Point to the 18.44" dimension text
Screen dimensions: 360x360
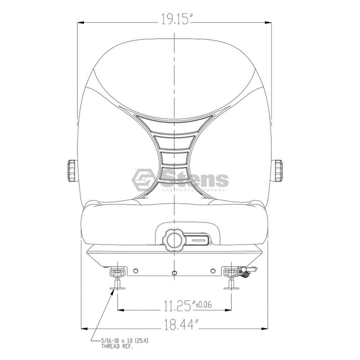pos(181,324)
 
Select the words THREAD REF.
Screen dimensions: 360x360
pos(117,346)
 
